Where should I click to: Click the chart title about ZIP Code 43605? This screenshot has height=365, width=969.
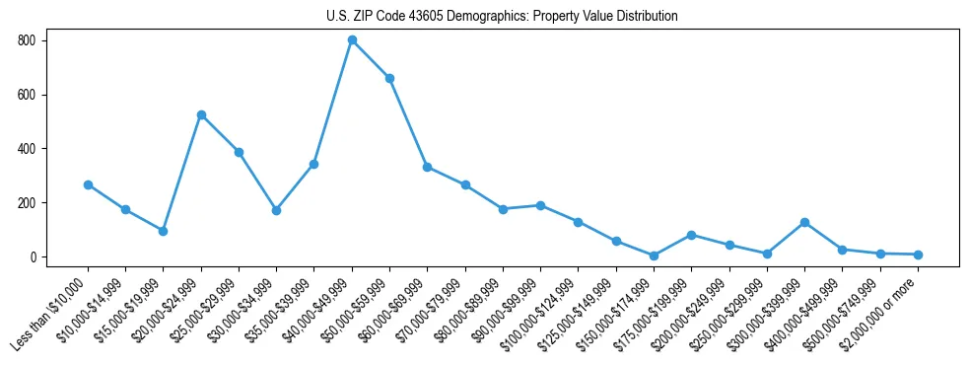(x=502, y=16)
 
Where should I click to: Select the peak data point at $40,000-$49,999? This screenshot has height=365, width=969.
(x=352, y=40)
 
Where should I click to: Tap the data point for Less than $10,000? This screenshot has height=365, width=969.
(x=88, y=184)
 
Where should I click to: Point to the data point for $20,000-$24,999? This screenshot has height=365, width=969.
(x=201, y=115)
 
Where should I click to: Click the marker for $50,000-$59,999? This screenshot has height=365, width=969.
(x=389, y=78)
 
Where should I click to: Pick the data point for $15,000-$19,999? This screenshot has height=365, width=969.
(x=164, y=231)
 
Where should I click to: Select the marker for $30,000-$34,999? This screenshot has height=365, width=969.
(x=276, y=210)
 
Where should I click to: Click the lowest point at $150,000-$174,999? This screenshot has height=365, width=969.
(x=654, y=255)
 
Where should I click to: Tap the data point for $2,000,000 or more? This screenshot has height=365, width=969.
(x=918, y=255)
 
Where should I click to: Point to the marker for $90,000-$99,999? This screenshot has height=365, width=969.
(x=540, y=205)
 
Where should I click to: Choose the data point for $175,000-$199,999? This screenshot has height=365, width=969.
(x=692, y=235)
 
